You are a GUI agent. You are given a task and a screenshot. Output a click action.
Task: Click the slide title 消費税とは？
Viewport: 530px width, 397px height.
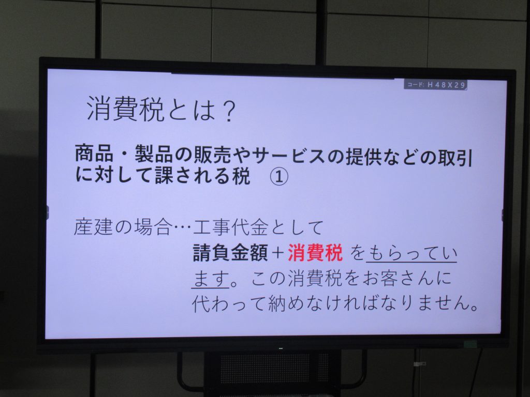point(161,109)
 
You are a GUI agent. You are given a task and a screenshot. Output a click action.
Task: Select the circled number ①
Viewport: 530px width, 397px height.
point(279,176)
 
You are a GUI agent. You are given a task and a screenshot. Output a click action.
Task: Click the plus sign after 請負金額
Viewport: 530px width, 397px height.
point(277,253)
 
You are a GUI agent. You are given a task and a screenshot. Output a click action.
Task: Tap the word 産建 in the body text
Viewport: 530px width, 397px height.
point(93,227)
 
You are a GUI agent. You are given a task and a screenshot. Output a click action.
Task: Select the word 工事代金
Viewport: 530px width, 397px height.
point(231,227)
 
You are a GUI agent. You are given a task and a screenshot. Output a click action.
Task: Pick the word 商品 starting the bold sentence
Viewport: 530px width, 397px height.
point(94,154)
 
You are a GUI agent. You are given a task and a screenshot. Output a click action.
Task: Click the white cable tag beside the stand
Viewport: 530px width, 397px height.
point(419,364)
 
